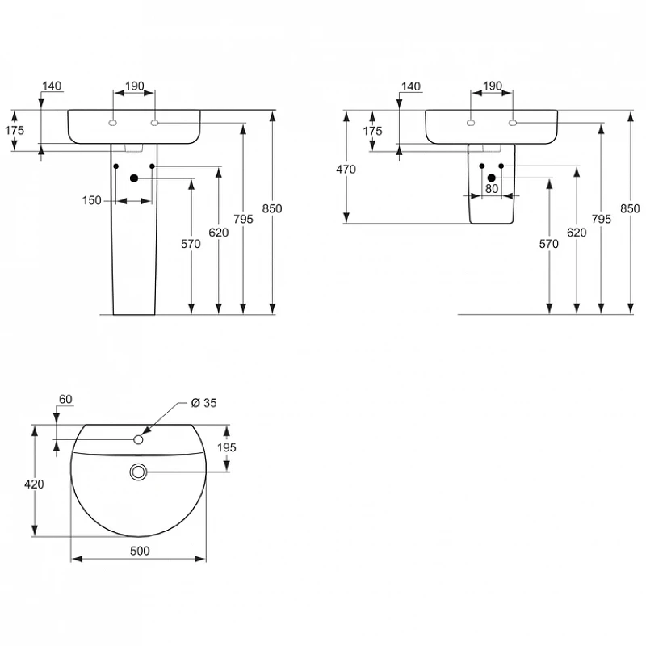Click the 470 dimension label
346,170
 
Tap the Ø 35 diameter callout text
204,402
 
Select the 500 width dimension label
140,551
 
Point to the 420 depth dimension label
34,484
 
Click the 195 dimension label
227,447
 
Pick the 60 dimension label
65,399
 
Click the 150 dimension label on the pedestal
91,200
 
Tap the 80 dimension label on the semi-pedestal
492,189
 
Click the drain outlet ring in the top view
138,472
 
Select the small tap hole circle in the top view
138,439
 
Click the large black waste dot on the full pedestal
134,178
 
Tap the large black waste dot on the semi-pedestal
492,178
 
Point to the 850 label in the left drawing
272,208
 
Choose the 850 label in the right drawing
630,208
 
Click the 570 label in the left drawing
191,244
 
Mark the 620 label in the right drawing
577,233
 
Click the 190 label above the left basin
134,86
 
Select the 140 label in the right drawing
411,86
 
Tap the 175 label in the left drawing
15,130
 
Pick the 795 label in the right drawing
601,219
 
